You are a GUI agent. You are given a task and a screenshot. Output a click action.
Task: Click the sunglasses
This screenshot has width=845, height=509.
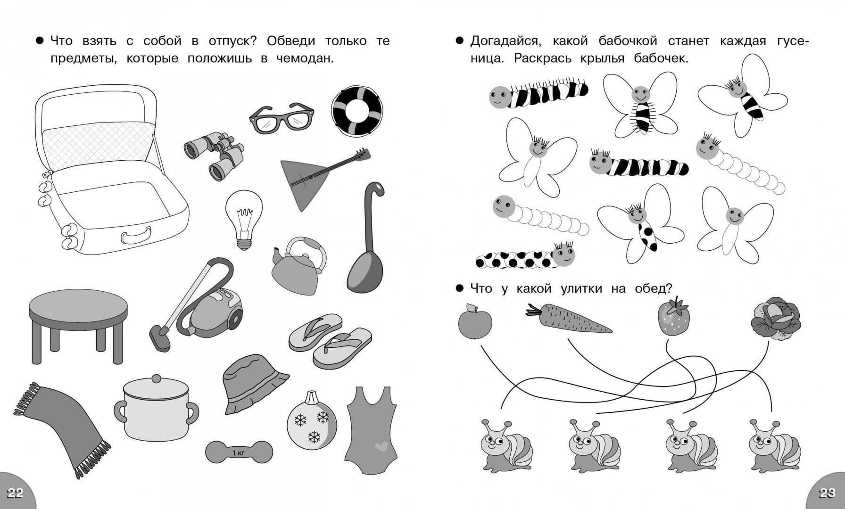282,118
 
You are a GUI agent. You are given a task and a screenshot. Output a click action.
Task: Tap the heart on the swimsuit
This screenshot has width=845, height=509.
380,445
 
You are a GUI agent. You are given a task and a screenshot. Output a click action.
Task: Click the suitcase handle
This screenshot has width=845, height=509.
136,234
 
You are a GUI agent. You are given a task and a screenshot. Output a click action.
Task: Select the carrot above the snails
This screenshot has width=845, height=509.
569,319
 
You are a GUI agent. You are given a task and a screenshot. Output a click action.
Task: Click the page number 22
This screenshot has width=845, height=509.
15,493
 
